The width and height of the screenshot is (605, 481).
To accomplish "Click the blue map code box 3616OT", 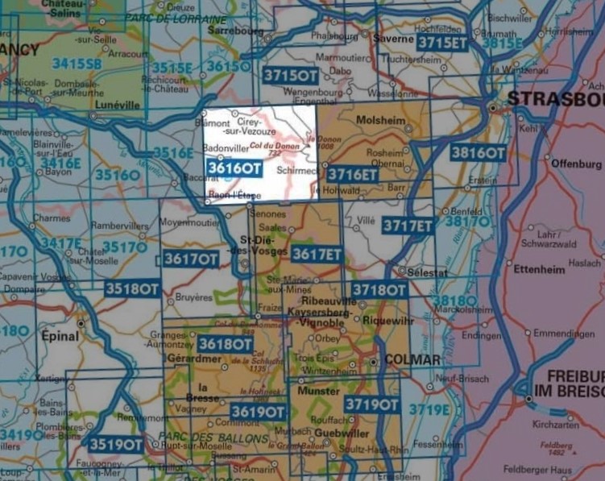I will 234,168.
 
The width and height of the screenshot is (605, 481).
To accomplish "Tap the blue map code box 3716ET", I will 353,173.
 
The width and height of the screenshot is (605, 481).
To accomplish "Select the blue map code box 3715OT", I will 291,75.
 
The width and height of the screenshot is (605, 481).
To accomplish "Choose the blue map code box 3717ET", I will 408,226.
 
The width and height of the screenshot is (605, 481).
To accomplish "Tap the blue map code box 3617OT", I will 191,259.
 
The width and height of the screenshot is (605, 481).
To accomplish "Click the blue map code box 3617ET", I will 317,255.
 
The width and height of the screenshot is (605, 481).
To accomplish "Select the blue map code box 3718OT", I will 379,289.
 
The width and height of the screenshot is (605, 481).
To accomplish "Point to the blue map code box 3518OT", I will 132,288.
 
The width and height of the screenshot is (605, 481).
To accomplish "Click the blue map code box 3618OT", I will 226,345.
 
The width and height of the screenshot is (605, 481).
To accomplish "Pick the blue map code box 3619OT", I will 258,412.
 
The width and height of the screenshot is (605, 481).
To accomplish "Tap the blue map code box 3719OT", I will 372,404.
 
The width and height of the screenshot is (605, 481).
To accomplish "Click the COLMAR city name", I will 412,359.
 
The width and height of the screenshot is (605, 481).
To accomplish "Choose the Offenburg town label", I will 576,164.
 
